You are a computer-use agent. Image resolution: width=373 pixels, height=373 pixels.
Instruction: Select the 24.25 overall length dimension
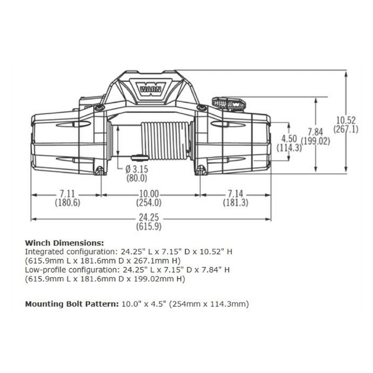click(x=150, y=218)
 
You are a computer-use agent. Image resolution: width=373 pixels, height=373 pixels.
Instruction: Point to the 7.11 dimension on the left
click(x=67, y=194)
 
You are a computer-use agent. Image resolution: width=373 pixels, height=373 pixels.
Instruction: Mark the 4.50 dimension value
click(x=289, y=139)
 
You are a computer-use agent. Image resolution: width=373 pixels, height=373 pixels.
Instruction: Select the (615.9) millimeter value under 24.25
click(x=150, y=226)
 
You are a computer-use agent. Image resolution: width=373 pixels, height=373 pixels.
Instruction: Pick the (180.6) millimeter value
click(x=67, y=203)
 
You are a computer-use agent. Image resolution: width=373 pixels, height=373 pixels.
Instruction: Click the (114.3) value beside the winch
click(x=289, y=148)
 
